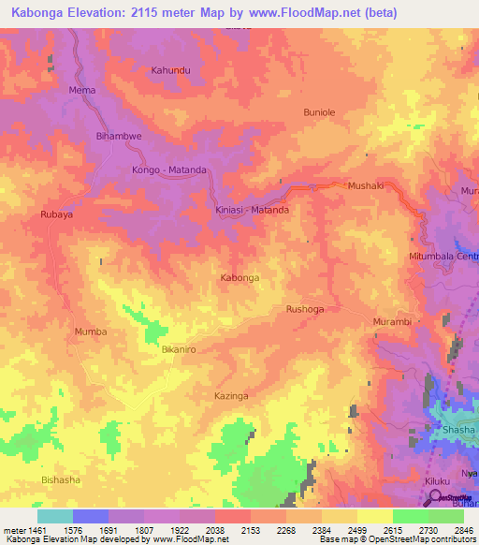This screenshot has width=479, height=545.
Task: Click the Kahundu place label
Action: coord(170,70)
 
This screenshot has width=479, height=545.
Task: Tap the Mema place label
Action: coord(82,90)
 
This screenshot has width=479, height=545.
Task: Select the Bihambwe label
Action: coord(119,136)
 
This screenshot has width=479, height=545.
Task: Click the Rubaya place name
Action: coord(56,214)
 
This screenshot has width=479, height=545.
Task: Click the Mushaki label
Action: coord(366,186)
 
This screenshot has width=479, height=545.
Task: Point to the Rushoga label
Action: coord(304,308)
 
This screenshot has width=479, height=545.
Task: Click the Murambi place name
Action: coord(392,322)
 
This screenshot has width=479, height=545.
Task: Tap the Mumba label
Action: coord(91,331)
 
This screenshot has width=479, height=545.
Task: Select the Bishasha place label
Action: coord(61,479)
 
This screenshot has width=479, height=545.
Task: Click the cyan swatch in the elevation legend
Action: coord(54,516)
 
